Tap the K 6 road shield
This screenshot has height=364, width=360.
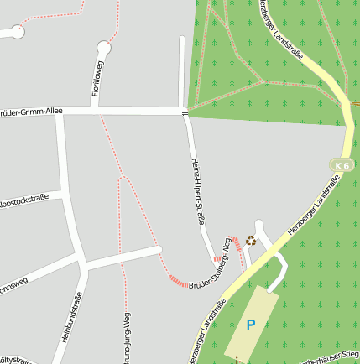341,166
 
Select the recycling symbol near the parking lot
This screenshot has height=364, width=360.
250,242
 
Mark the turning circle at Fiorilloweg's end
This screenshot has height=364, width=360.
104,47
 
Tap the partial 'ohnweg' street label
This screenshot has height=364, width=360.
13,283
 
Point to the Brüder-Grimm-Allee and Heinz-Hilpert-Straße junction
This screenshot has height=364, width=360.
185,112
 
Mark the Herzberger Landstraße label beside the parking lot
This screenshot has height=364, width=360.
206,331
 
